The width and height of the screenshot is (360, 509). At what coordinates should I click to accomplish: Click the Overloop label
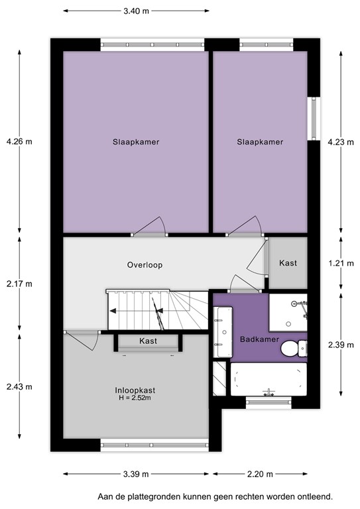click(x=145, y=265)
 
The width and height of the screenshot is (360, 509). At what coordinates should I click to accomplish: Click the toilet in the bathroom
click(x=294, y=347)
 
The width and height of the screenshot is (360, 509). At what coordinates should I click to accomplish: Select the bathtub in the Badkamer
click(x=268, y=379)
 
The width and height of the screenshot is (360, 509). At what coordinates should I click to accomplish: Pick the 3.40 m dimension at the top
click(x=135, y=11)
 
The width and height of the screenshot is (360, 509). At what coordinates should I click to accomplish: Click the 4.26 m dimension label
click(x=19, y=141)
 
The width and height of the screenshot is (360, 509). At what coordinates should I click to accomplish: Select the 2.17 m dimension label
click(x=19, y=284)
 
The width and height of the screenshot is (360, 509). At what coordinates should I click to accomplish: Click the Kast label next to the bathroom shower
click(x=288, y=263)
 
